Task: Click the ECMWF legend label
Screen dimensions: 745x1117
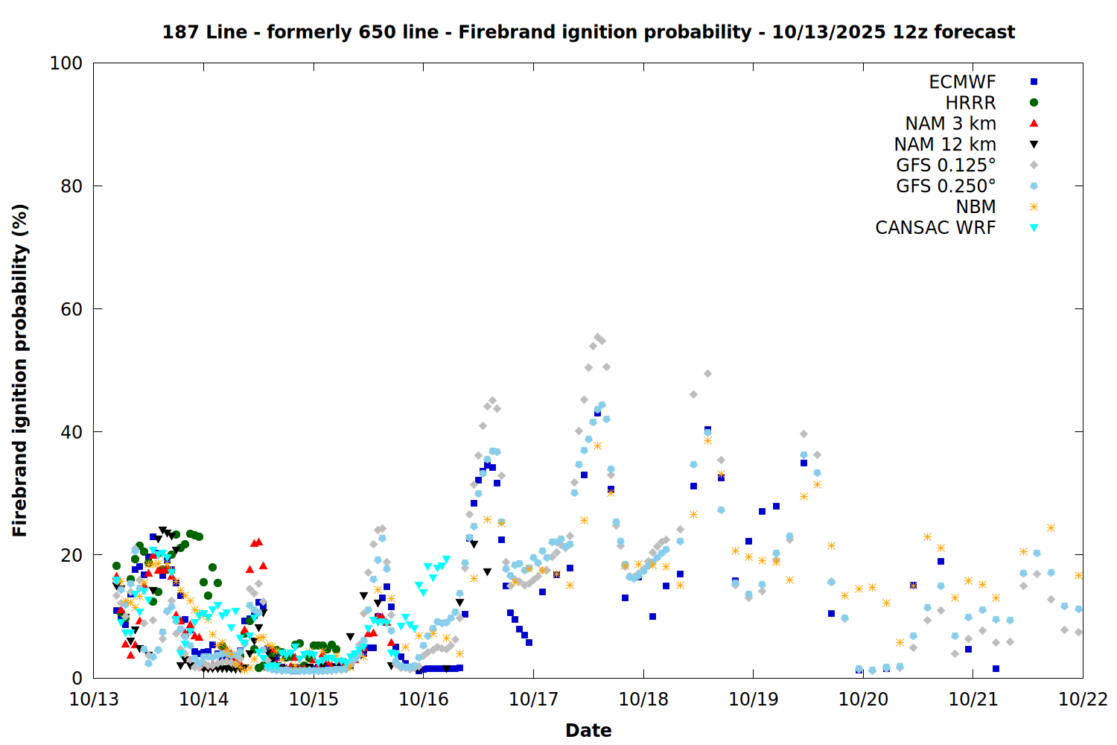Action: (x=962, y=82)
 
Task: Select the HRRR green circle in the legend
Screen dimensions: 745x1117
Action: (x=1034, y=103)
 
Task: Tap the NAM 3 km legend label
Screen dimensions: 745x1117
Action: (x=950, y=124)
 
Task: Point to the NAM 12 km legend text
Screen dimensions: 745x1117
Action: (x=945, y=145)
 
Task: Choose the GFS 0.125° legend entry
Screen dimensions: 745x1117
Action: (x=946, y=165)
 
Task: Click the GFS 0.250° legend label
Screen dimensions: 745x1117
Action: (x=946, y=186)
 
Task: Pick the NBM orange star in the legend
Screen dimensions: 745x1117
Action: (x=1034, y=207)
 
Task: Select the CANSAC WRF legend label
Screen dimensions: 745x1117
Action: (x=935, y=228)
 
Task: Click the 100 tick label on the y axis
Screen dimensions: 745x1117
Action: (x=66, y=63)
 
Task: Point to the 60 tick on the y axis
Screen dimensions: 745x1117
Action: (x=71, y=309)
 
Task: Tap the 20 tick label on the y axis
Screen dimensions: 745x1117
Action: (x=71, y=555)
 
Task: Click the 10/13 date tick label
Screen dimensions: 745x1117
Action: (x=94, y=699)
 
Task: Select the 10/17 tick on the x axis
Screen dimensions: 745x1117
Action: (x=533, y=699)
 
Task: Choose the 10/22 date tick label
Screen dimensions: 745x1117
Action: (x=1083, y=699)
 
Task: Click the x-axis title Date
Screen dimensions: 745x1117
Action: (x=588, y=730)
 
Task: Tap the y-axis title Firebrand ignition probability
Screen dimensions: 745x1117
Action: (x=20, y=370)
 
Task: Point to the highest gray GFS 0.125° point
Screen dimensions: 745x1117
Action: (x=597, y=337)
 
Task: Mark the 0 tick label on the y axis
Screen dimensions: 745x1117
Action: (x=77, y=678)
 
